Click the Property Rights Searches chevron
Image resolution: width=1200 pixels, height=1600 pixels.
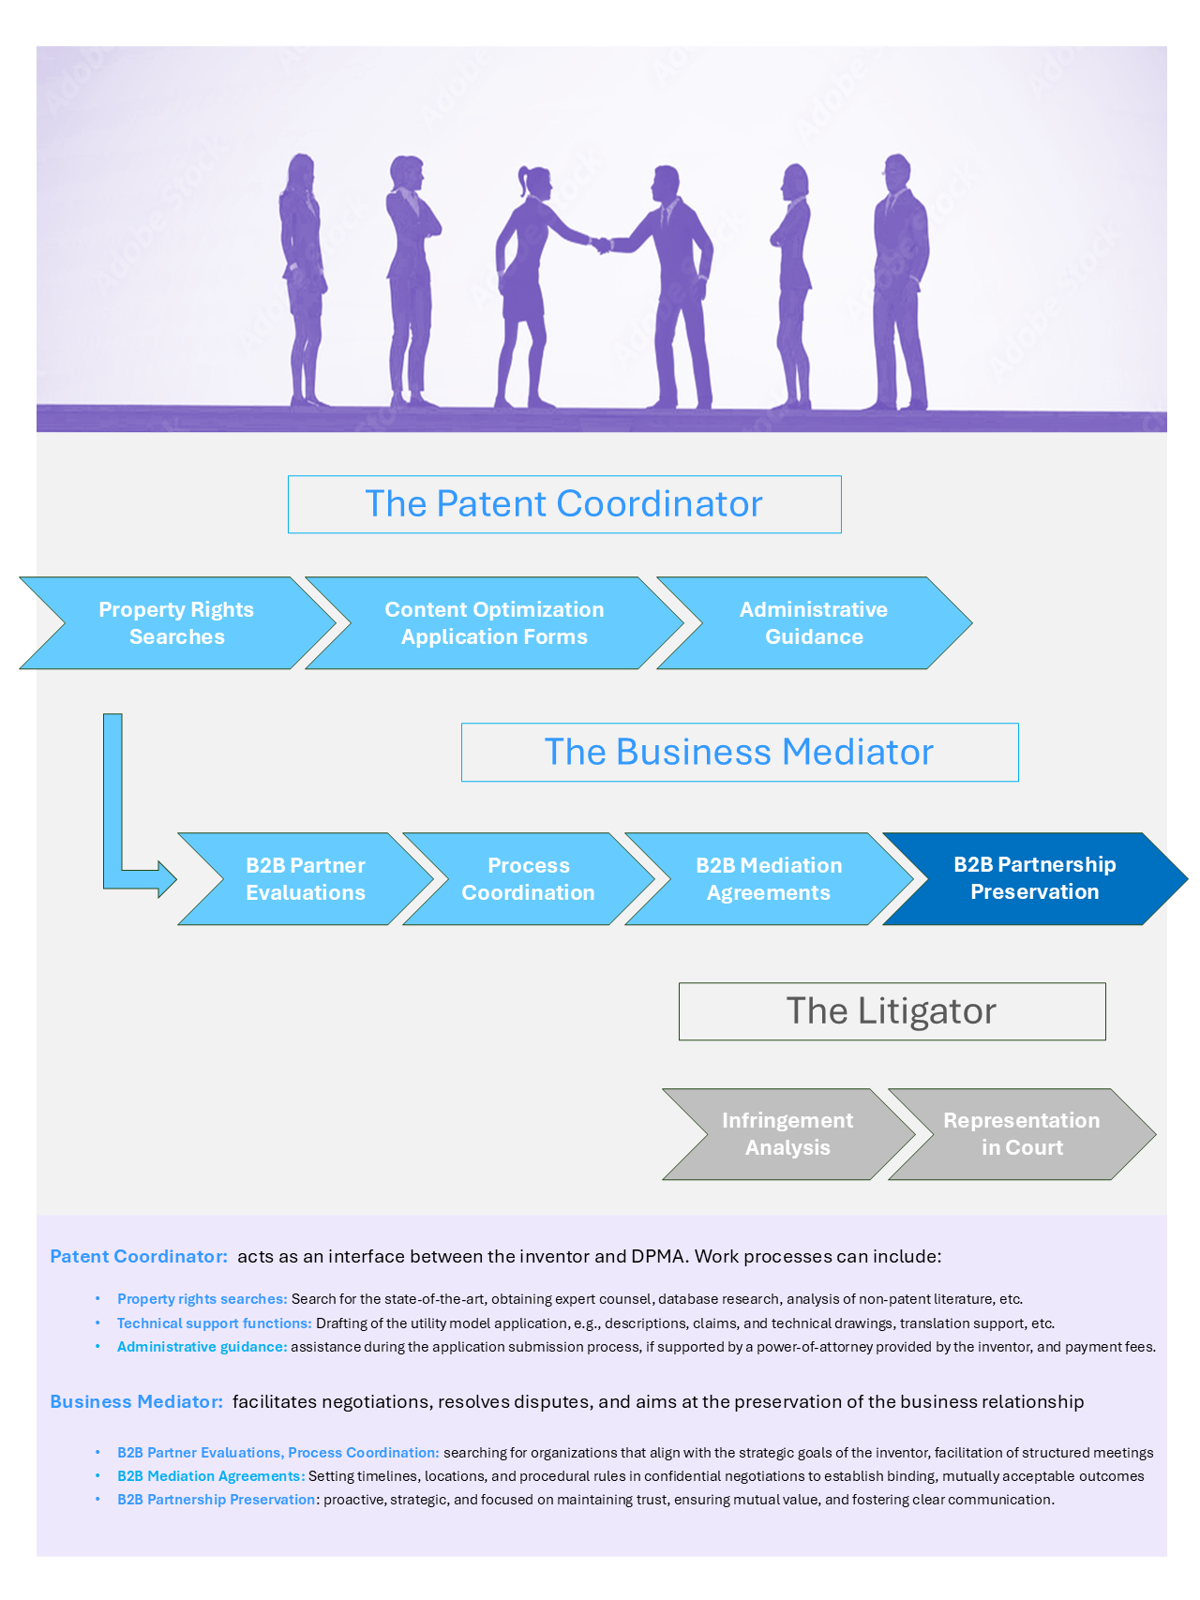[x=176, y=623]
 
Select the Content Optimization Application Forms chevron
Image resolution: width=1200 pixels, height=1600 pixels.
[x=494, y=623]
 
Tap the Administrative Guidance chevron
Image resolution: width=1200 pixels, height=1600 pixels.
[x=814, y=623]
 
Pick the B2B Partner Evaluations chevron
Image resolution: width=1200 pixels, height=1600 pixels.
[x=306, y=879]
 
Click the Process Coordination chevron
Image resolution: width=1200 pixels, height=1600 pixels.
[x=528, y=879]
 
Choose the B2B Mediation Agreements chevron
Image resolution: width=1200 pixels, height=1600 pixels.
[x=769, y=879]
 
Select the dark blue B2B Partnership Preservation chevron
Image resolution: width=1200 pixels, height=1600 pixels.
[x=1034, y=878]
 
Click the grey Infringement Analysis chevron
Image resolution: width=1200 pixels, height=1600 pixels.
[x=787, y=1134]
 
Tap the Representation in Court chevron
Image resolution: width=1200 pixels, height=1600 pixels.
[x=1022, y=1134]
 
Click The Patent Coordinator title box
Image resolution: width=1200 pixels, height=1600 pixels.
[x=563, y=504]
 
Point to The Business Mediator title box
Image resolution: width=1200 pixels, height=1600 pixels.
[x=739, y=752]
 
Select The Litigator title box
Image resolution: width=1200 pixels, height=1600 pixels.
[x=892, y=1011]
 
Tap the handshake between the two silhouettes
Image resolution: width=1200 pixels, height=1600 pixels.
[x=601, y=245]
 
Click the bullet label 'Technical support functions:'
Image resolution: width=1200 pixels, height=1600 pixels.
[x=214, y=1323]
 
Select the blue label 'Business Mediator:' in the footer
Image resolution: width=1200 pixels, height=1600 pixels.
[x=137, y=1401]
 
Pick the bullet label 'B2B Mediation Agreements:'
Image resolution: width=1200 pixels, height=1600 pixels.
[x=211, y=1476]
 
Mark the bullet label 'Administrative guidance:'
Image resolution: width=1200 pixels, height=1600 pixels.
[x=202, y=1347]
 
